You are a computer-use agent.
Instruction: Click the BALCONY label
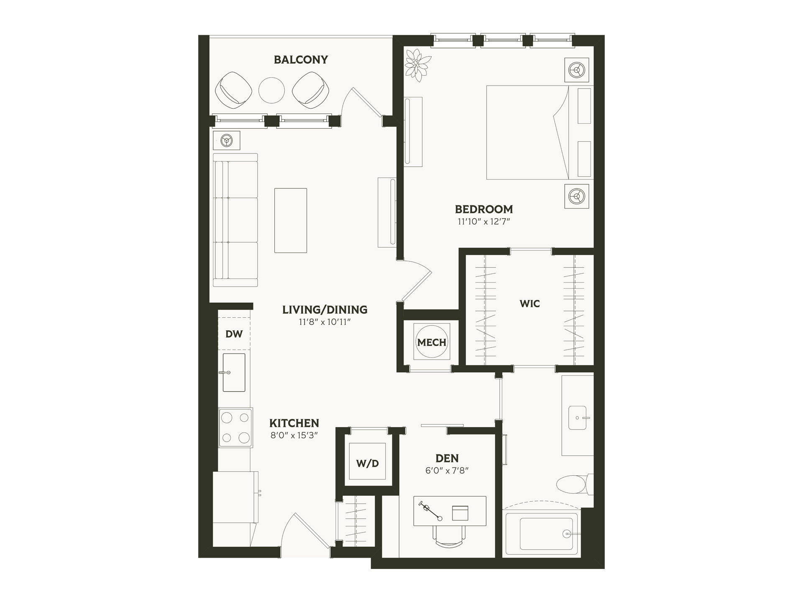click(301, 60)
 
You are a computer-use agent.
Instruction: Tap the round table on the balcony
click(271, 90)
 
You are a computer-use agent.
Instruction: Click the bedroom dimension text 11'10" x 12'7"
click(484, 222)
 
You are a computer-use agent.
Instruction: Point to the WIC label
click(529, 304)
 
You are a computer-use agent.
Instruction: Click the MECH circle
click(432, 342)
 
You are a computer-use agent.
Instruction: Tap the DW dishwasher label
click(234, 334)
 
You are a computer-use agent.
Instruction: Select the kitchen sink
click(234, 372)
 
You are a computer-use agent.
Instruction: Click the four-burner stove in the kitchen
click(235, 428)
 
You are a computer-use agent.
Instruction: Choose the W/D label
click(368, 463)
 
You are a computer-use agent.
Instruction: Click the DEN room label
click(447, 458)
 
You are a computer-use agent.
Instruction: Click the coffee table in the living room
click(291, 220)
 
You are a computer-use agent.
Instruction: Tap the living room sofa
click(235, 220)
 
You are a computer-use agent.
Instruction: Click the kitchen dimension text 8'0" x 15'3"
click(294, 435)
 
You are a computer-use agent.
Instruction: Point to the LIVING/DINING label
click(325, 310)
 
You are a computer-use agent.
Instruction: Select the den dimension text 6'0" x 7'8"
click(447, 470)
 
